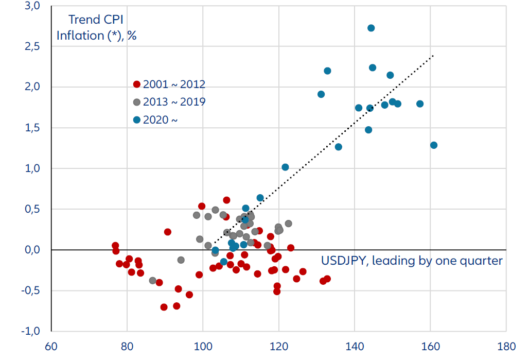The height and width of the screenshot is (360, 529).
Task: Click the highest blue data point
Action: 371,28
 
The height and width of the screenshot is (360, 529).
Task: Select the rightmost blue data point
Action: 434,145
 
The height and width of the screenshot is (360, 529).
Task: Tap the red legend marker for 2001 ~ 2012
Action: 137,84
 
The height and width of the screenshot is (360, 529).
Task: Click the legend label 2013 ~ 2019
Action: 174,102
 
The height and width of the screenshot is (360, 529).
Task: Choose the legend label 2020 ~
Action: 161,120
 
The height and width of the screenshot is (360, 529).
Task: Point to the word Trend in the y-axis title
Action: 85,20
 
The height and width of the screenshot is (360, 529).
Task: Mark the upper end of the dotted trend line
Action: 433,55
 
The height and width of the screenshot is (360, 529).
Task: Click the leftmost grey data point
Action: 152,281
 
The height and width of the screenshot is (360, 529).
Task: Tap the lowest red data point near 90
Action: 164,307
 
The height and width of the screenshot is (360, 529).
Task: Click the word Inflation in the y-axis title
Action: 80,36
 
